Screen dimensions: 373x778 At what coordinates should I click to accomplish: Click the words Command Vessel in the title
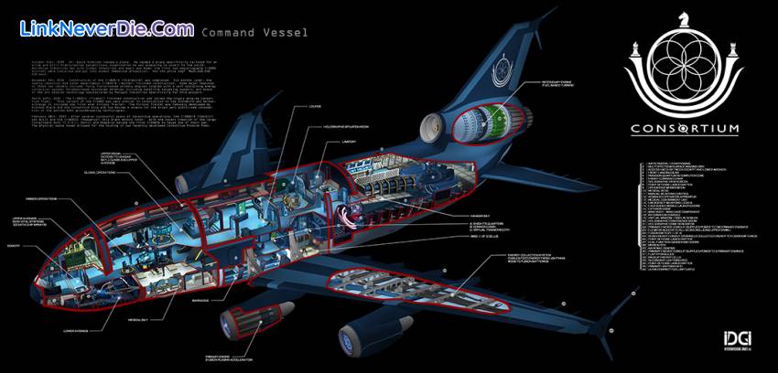pos(253,32)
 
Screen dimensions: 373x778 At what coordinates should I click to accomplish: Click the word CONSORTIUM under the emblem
pos(685,129)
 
